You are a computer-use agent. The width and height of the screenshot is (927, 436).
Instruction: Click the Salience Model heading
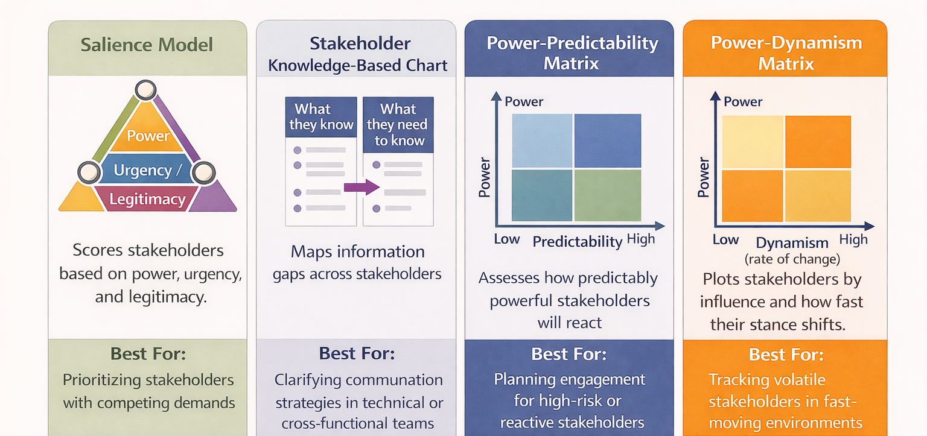click(147, 45)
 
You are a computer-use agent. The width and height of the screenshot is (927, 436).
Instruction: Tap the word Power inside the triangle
click(148, 136)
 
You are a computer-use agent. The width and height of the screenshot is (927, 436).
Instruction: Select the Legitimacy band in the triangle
click(147, 199)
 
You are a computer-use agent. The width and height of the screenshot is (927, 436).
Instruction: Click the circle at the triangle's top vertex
click(145, 91)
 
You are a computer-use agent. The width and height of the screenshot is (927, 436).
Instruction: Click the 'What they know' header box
click(321, 117)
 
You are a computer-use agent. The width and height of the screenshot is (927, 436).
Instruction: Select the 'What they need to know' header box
click(397, 125)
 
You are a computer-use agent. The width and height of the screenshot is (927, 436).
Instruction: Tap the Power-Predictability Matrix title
click(572, 53)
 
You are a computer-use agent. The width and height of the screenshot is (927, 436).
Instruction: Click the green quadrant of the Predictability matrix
click(608, 195)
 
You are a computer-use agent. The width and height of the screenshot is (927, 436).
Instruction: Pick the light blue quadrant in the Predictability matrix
click(541, 141)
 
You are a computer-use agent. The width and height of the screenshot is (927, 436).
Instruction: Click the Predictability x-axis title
click(577, 242)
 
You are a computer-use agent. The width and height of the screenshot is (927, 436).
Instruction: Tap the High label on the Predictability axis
click(640, 239)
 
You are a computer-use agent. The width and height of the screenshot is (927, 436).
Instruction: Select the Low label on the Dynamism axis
click(725, 239)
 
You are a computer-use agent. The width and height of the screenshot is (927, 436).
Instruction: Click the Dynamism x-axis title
click(792, 243)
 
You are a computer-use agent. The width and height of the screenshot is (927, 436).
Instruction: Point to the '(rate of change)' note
click(792, 259)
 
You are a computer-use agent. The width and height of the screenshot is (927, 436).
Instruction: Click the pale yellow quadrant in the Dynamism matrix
click(752, 142)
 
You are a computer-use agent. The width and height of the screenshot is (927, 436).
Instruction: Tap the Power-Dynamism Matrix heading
click(786, 53)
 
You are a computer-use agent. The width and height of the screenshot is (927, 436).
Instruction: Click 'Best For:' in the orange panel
click(786, 354)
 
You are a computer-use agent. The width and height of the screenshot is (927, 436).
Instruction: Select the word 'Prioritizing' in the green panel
click(101, 381)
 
